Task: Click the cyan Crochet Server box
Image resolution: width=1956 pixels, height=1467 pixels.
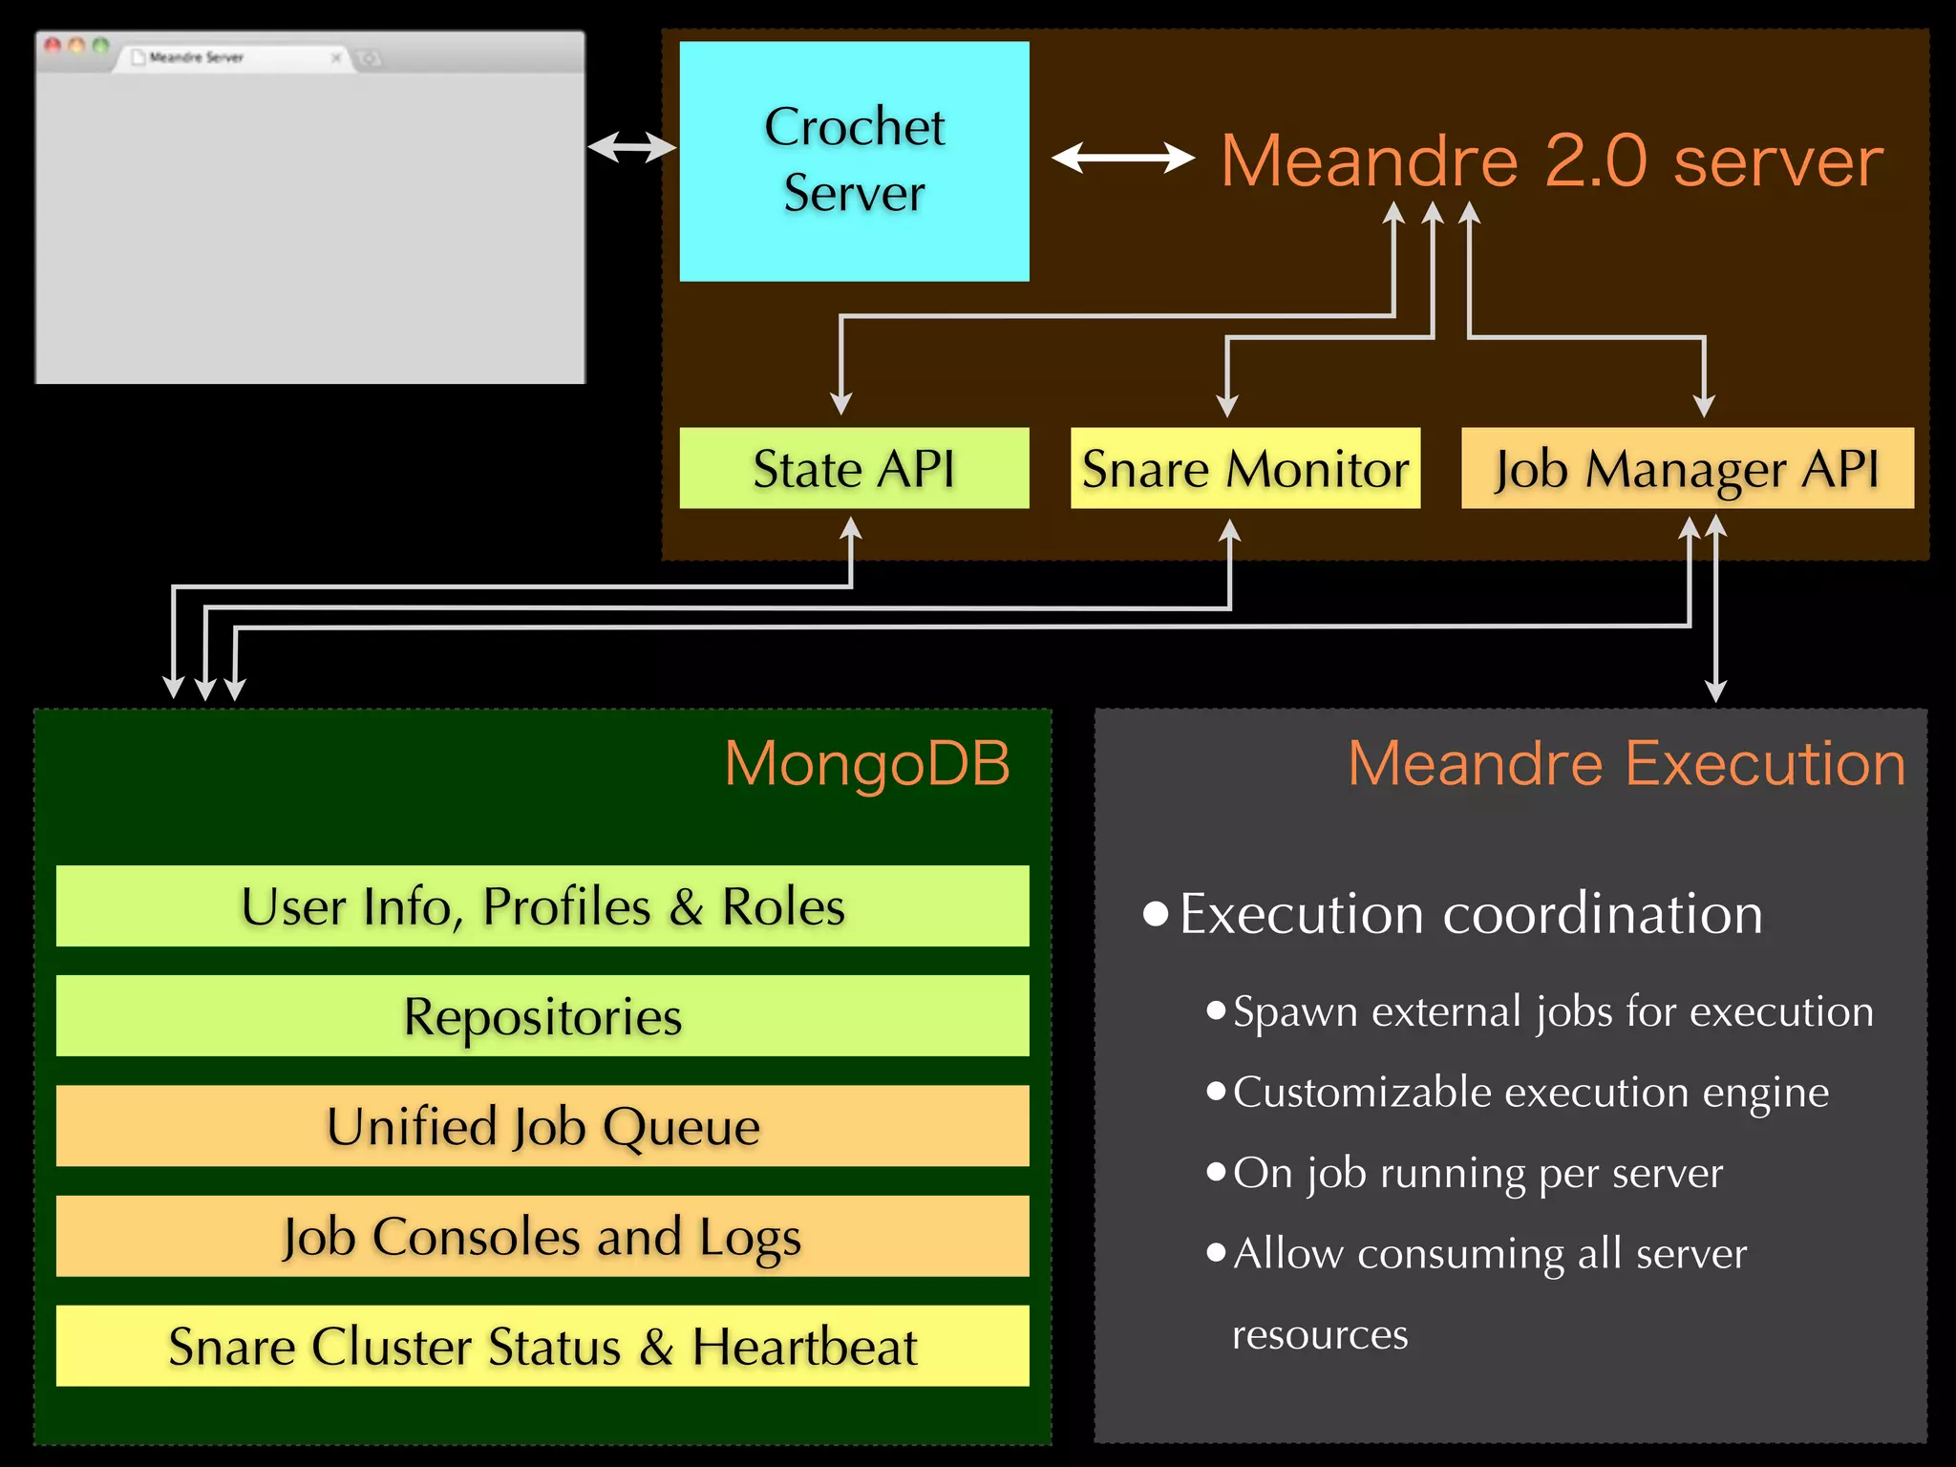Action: click(854, 160)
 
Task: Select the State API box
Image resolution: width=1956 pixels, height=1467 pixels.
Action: click(854, 468)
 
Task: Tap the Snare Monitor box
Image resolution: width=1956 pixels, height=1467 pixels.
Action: click(1244, 468)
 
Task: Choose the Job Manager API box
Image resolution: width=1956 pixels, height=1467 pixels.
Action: click(1687, 468)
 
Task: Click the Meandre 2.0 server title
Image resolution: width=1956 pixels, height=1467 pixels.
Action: click(1552, 160)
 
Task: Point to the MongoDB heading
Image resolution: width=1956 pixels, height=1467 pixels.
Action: click(866, 763)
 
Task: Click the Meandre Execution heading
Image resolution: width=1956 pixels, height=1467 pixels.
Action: click(1626, 763)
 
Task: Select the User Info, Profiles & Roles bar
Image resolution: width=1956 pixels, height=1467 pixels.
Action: click(542, 905)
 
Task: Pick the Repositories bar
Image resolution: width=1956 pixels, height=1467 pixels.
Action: click(542, 1015)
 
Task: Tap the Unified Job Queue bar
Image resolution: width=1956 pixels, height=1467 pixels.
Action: click(542, 1125)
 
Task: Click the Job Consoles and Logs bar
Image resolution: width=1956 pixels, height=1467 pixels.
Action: click(542, 1236)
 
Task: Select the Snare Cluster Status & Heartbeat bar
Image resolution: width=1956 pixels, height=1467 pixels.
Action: click(542, 1346)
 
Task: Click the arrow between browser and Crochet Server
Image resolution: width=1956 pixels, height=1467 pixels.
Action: click(631, 147)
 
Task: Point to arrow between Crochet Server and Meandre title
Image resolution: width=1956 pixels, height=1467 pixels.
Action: click(1122, 158)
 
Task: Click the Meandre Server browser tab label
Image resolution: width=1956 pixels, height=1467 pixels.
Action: click(196, 57)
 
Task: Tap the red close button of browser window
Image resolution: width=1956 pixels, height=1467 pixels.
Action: click(53, 45)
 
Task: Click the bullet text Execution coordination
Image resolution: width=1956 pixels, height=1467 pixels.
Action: click(1471, 914)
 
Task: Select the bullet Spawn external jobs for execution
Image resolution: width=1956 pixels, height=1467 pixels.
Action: click(1552, 1011)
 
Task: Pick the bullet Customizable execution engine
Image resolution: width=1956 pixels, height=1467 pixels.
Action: click(1530, 1092)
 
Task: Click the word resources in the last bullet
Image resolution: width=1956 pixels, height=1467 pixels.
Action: click(1320, 1334)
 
